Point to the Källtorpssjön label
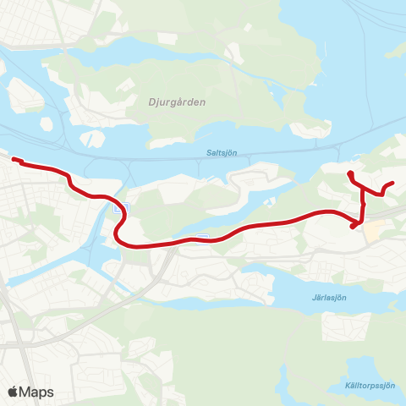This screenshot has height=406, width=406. click(x=370, y=383)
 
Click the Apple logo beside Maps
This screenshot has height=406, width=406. click(x=14, y=392)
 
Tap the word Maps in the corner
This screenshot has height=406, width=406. click(x=36, y=392)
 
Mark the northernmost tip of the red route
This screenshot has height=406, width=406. click(x=349, y=174)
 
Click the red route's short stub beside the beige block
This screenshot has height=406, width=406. click(x=354, y=225)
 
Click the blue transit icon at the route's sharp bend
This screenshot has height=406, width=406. click(x=124, y=207)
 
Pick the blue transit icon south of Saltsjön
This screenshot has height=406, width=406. click(x=201, y=236)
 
